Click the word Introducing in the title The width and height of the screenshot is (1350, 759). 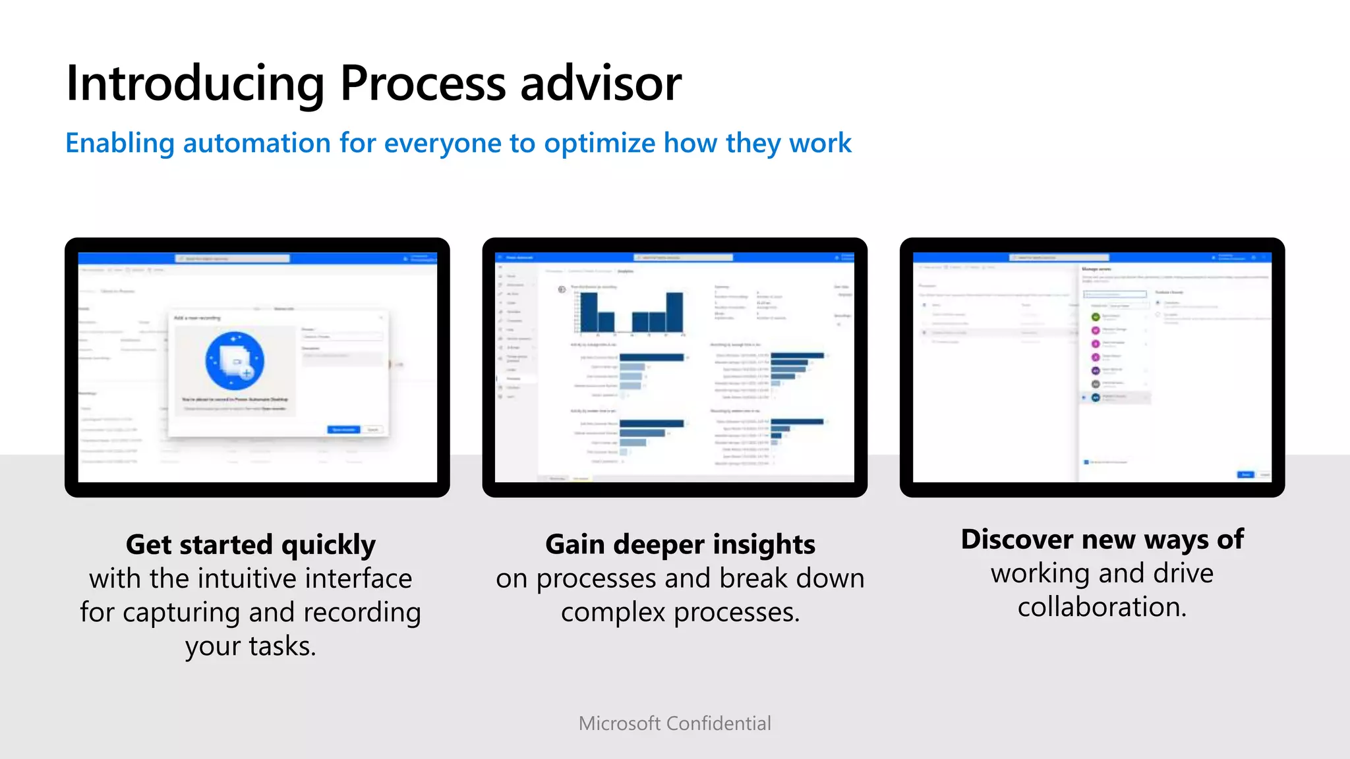click(195, 84)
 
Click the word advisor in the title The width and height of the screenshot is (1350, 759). click(601, 84)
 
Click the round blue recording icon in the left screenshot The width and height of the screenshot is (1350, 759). click(235, 361)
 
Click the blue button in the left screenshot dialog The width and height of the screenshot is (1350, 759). click(343, 430)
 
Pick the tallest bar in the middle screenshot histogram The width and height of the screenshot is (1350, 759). click(674, 312)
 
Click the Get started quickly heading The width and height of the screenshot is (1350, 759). click(250, 545)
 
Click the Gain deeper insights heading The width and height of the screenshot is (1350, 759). click(680, 545)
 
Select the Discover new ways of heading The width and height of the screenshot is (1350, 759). click(1101, 540)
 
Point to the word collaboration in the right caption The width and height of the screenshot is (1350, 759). click(1101, 607)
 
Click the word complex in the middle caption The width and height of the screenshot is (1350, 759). click(613, 613)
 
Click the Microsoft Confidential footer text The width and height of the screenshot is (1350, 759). click(674, 723)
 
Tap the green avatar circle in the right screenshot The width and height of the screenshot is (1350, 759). click(1096, 317)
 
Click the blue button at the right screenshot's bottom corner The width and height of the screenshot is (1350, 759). click(1245, 474)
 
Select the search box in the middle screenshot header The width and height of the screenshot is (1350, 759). click(683, 258)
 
